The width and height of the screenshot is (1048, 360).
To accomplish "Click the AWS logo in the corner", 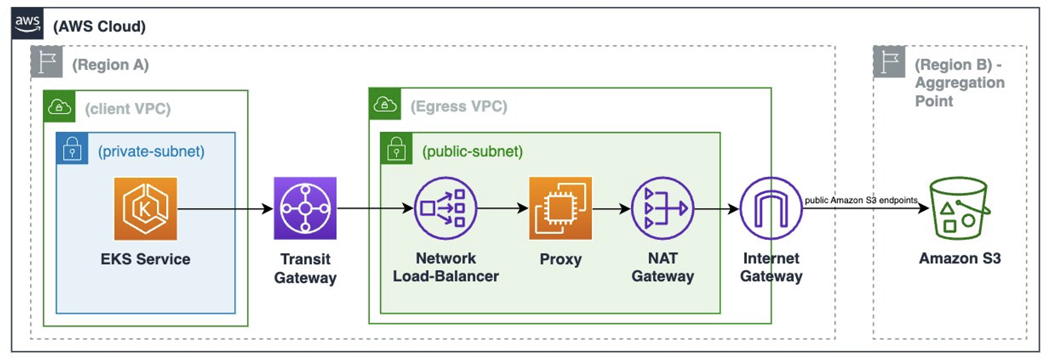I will pyautogui.click(x=27, y=23).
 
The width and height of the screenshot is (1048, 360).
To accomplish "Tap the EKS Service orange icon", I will pyautogui.click(x=145, y=209).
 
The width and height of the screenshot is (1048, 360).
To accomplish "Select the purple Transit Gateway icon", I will pyautogui.click(x=305, y=208).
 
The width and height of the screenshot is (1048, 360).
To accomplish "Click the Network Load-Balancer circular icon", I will pyautogui.click(x=445, y=208).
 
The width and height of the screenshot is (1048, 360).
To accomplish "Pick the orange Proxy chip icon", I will pyautogui.click(x=560, y=208).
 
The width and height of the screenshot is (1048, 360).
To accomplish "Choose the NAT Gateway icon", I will pyautogui.click(x=663, y=208).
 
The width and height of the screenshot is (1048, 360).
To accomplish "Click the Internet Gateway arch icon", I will pyautogui.click(x=771, y=208).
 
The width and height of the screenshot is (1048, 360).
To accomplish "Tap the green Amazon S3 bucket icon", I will pyautogui.click(x=959, y=208).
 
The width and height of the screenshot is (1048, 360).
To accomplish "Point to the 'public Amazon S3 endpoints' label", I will pyautogui.click(x=861, y=200).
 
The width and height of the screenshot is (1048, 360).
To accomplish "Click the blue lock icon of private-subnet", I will pyautogui.click(x=72, y=148).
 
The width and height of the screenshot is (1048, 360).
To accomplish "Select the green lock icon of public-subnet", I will pyautogui.click(x=396, y=148).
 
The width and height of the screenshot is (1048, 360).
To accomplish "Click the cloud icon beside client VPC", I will pyautogui.click(x=59, y=106).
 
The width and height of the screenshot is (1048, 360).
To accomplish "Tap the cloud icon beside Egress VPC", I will pyautogui.click(x=385, y=104).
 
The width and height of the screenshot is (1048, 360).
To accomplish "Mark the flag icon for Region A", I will pyautogui.click(x=47, y=62).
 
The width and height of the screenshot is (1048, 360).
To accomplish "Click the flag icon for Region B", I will pyautogui.click(x=889, y=62).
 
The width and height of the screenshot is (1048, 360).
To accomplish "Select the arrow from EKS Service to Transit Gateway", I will pyautogui.click(x=225, y=209).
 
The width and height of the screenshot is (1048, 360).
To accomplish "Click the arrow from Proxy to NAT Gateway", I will pyautogui.click(x=611, y=209).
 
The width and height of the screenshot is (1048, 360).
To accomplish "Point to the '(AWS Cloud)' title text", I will pyautogui.click(x=99, y=26).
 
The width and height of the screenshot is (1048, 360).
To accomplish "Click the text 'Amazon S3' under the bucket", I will pyautogui.click(x=960, y=258).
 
